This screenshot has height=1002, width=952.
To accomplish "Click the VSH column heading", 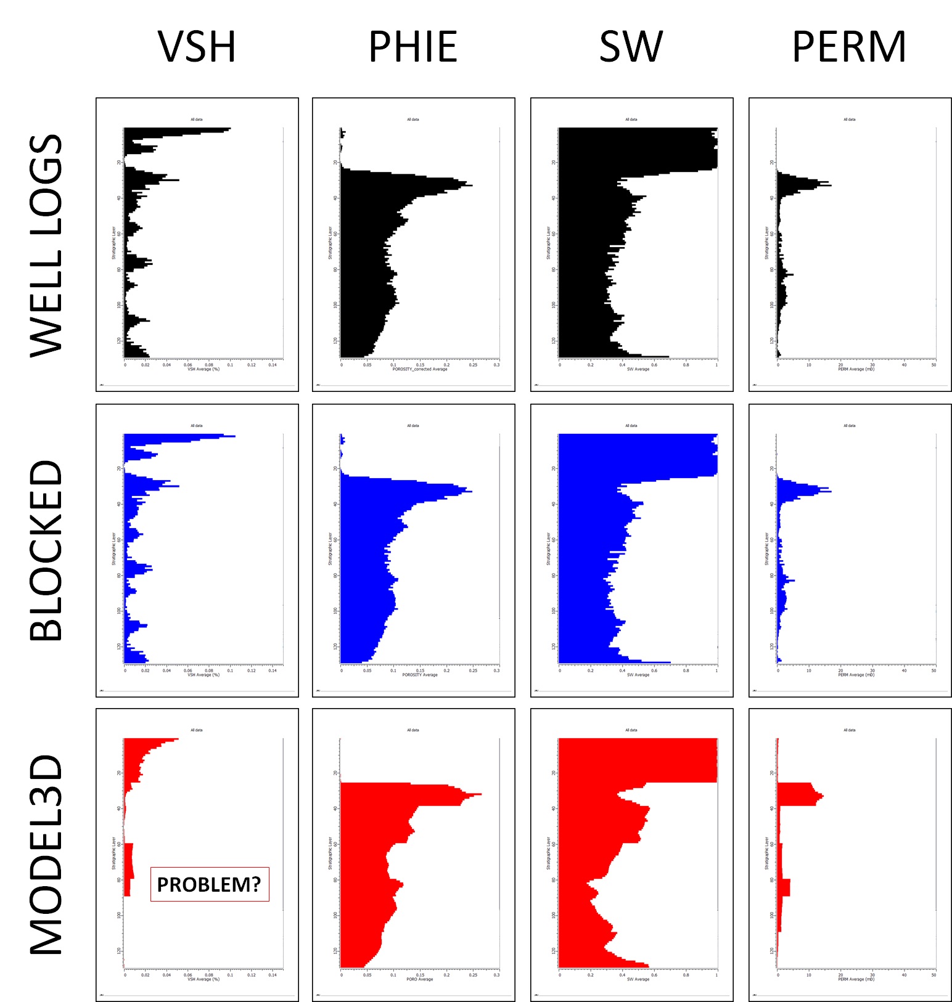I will pos(197,47).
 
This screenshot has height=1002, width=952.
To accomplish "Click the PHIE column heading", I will pos(412,47).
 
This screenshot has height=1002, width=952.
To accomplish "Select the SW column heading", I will pos(631,47).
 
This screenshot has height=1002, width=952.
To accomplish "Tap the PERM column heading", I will pos(849,47).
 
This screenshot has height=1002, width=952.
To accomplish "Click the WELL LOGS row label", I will pos(47,245).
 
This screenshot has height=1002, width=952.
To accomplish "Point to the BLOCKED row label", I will pos(47,550).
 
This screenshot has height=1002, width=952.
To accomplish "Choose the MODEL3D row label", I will pos(47,855).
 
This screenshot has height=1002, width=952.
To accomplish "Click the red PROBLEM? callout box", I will pos(210,884).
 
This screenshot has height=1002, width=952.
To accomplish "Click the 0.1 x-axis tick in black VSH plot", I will pos(230,365).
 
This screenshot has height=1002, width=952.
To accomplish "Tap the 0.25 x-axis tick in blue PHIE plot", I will pos(473,670).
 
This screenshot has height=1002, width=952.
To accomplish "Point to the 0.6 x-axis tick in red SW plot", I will pos(654,975).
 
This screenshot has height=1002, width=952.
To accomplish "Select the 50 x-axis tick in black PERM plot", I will pos(934,365).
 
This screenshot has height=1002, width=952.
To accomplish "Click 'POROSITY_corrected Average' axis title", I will pos(420,369).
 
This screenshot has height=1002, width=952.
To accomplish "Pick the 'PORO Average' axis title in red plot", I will pos(420,979).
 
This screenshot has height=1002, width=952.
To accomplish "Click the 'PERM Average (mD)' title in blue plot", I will pos(856,675).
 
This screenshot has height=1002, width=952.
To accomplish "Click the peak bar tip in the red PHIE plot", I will pos(480,794).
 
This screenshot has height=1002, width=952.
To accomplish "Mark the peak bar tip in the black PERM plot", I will pos(830,185).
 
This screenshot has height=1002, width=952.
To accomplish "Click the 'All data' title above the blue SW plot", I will pos(631,426).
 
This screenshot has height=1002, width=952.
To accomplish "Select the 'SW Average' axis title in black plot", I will pos(638,369).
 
